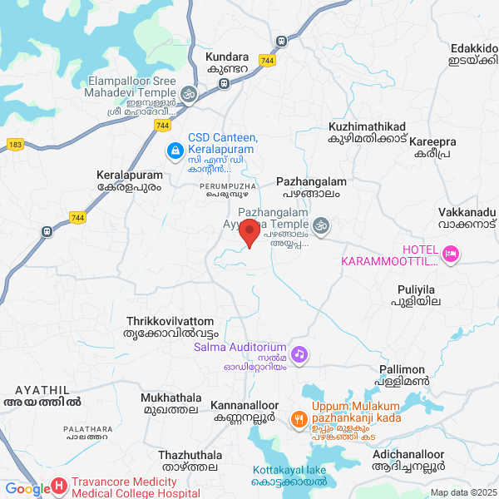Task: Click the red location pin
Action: [249, 235]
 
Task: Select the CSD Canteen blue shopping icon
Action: [175, 151]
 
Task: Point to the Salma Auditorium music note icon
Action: [300, 354]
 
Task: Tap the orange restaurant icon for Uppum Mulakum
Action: [299, 419]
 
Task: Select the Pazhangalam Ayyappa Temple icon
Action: [320, 224]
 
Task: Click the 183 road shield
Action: [15, 144]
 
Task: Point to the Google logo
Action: [27, 489]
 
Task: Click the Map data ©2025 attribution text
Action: [462, 492]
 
